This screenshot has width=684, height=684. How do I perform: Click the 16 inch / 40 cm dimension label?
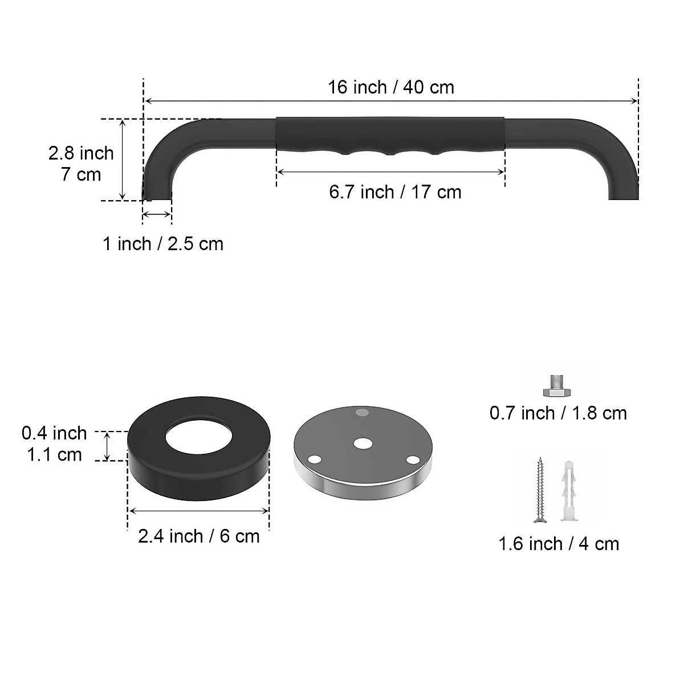pos(390,87)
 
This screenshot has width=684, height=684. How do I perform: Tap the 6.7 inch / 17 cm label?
pos(394,192)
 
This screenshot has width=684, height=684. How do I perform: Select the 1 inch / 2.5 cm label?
pos(163,244)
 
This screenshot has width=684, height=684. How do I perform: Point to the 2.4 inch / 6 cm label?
pos(198,536)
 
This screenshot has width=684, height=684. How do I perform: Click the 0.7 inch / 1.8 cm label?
pos(558,413)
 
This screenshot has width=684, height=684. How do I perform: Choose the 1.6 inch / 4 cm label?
pos(559,544)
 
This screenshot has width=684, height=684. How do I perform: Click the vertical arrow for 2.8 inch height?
pos(123,160)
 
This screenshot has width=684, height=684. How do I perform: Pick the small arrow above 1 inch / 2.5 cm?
pos(157,214)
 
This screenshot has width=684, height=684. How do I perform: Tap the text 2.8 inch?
pos(81,153)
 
